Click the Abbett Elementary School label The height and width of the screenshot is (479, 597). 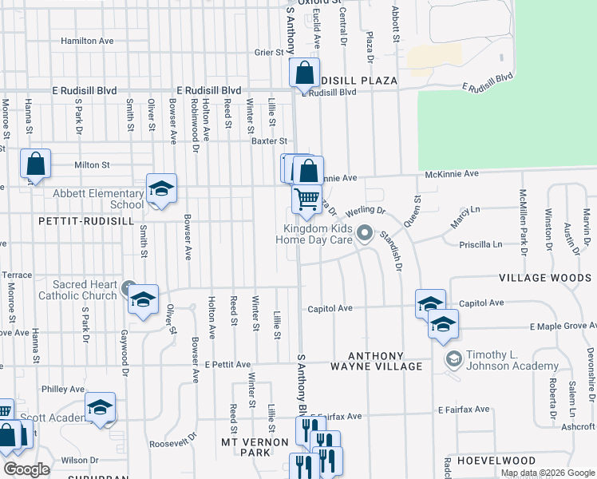[x=98, y=199]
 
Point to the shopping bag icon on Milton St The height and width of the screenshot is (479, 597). [x=36, y=164]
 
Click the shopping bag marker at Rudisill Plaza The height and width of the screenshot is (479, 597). [x=304, y=73]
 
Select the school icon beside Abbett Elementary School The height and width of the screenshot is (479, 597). [x=160, y=189]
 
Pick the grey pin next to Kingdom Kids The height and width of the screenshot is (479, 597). [x=366, y=234]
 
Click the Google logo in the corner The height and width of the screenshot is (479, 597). [x=26, y=470]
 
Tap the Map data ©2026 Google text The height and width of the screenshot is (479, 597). [x=548, y=473]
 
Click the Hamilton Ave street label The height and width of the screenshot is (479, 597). [x=87, y=41]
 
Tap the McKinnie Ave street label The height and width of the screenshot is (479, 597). [x=451, y=173]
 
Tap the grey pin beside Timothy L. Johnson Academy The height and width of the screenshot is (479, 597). [x=454, y=360]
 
